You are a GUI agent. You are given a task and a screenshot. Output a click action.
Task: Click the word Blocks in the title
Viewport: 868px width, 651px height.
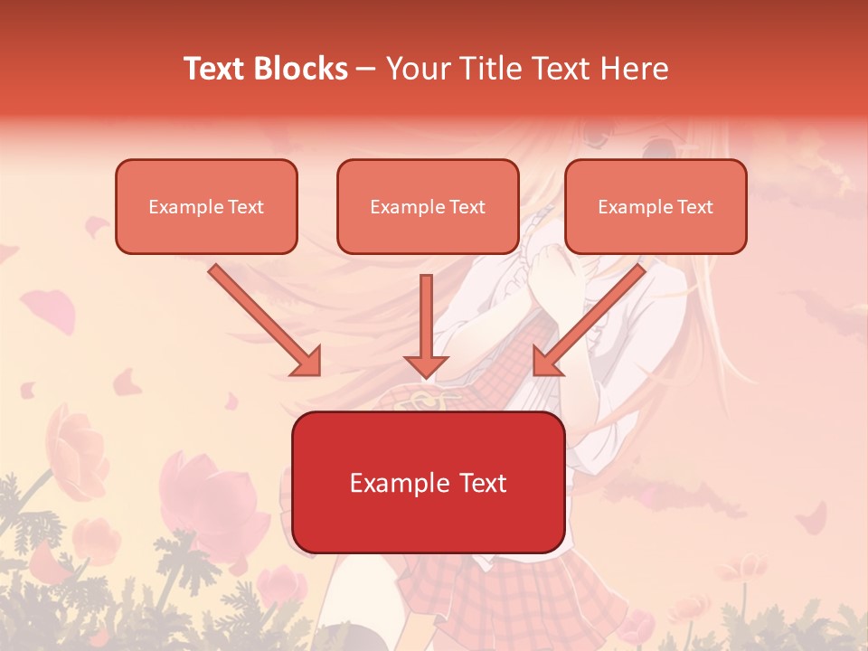(303, 69)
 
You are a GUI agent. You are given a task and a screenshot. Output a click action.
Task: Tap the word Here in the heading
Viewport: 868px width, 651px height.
(634, 69)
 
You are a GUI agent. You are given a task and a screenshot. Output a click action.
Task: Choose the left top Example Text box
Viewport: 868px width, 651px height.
(206, 206)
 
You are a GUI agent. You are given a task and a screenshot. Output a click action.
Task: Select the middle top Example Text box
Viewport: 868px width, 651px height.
(428, 206)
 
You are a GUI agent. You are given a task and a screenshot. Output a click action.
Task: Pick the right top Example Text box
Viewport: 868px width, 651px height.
(656, 206)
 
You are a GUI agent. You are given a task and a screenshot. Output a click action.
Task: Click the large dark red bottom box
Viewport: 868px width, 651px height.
(428, 482)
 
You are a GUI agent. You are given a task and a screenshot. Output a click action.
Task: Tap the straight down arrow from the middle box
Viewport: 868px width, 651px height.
(427, 325)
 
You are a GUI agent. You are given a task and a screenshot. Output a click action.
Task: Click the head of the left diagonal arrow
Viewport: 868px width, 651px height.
(307, 362)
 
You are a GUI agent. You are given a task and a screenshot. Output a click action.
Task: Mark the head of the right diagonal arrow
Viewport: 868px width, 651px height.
(547, 362)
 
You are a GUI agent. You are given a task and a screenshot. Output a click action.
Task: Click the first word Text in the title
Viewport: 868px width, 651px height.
(215, 69)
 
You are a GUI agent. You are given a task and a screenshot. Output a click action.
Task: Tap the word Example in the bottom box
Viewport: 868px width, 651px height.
(393, 483)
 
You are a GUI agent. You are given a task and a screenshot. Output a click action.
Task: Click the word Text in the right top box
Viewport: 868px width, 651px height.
(694, 207)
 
